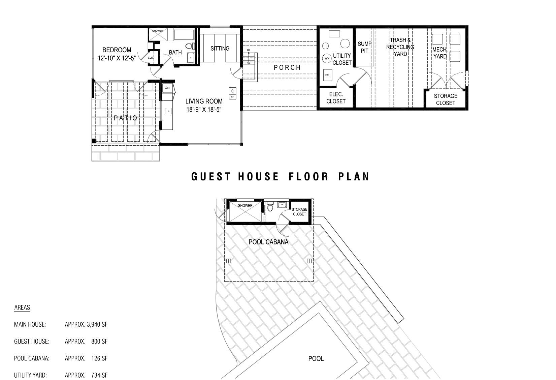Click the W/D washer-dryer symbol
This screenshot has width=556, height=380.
pos(167,88)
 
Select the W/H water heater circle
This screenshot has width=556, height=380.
pos(327,58)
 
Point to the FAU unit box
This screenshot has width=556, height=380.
pos(328,75)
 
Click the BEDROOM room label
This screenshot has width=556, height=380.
pos(117,50)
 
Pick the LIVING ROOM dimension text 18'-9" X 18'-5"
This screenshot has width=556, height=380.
pos(204,110)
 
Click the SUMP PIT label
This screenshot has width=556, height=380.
pos(364,47)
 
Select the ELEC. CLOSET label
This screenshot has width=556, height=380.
pos(336,98)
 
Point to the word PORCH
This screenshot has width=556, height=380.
pos(287,67)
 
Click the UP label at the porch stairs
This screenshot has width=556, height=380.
pos(249,51)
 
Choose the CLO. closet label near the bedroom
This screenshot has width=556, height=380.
pos(151,58)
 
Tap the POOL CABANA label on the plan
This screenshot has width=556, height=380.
pos(268,242)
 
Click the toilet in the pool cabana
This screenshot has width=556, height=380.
pos(270,207)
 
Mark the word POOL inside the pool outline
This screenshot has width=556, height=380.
pos(316,359)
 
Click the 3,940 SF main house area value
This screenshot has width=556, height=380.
pos(97,325)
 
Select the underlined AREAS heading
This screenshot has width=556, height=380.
pos(22,308)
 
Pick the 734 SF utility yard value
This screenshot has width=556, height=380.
pos(99,375)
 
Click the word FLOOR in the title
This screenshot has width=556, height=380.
pos(309,177)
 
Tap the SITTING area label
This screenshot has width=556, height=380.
pos(220,49)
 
